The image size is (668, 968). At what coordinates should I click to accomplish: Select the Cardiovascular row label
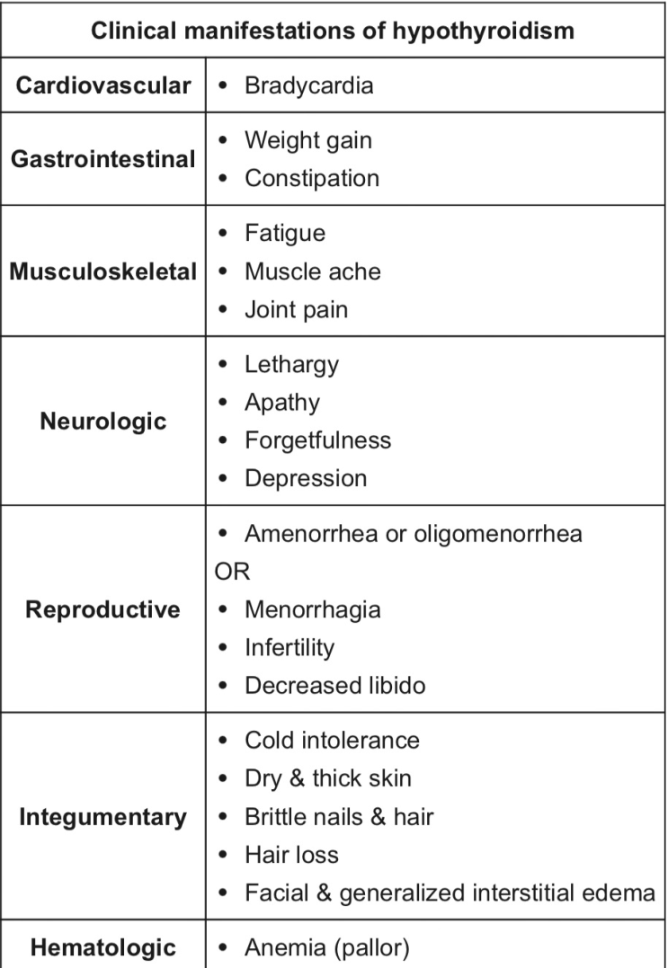[103, 85]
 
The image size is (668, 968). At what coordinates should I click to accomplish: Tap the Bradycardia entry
[308, 85]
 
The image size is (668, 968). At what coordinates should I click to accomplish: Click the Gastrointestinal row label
[103, 159]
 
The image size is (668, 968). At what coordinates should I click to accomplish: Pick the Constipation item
[312, 179]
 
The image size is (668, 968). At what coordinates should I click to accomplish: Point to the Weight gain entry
[308, 141]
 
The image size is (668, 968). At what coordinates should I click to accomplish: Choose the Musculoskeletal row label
[103, 271]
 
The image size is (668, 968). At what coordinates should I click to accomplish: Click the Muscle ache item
[312, 271]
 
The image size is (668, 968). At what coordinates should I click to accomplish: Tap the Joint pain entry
[297, 310]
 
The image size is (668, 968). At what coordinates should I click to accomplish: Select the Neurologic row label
[103, 421]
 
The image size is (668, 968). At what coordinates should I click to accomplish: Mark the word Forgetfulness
[318, 440]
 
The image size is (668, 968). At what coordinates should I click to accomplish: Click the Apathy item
[282, 403]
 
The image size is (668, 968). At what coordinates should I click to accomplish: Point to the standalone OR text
[232, 572]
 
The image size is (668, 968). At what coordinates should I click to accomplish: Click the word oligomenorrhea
[497, 534]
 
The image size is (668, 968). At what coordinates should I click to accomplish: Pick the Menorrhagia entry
[312, 610]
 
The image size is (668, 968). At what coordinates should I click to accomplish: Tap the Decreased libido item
[335, 685]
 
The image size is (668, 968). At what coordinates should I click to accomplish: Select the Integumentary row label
[103, 817]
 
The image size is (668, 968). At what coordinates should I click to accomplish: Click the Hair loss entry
[291, 855]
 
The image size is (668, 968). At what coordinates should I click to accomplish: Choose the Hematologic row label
[103, 947]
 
